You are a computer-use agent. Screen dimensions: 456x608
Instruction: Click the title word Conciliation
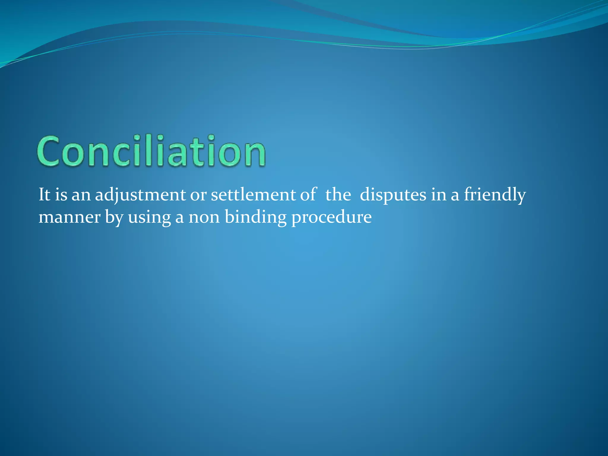point(151,151)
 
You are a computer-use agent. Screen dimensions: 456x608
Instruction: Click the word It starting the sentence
point(45,195)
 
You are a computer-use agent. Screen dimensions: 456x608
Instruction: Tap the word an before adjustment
point(81,196)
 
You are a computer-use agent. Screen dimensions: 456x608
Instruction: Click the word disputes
point(393,196)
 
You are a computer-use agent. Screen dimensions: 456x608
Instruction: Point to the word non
point(204,218)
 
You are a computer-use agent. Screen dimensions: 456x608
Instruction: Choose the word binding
point(256,218)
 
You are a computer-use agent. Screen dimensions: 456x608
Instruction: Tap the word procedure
point(331,218)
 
